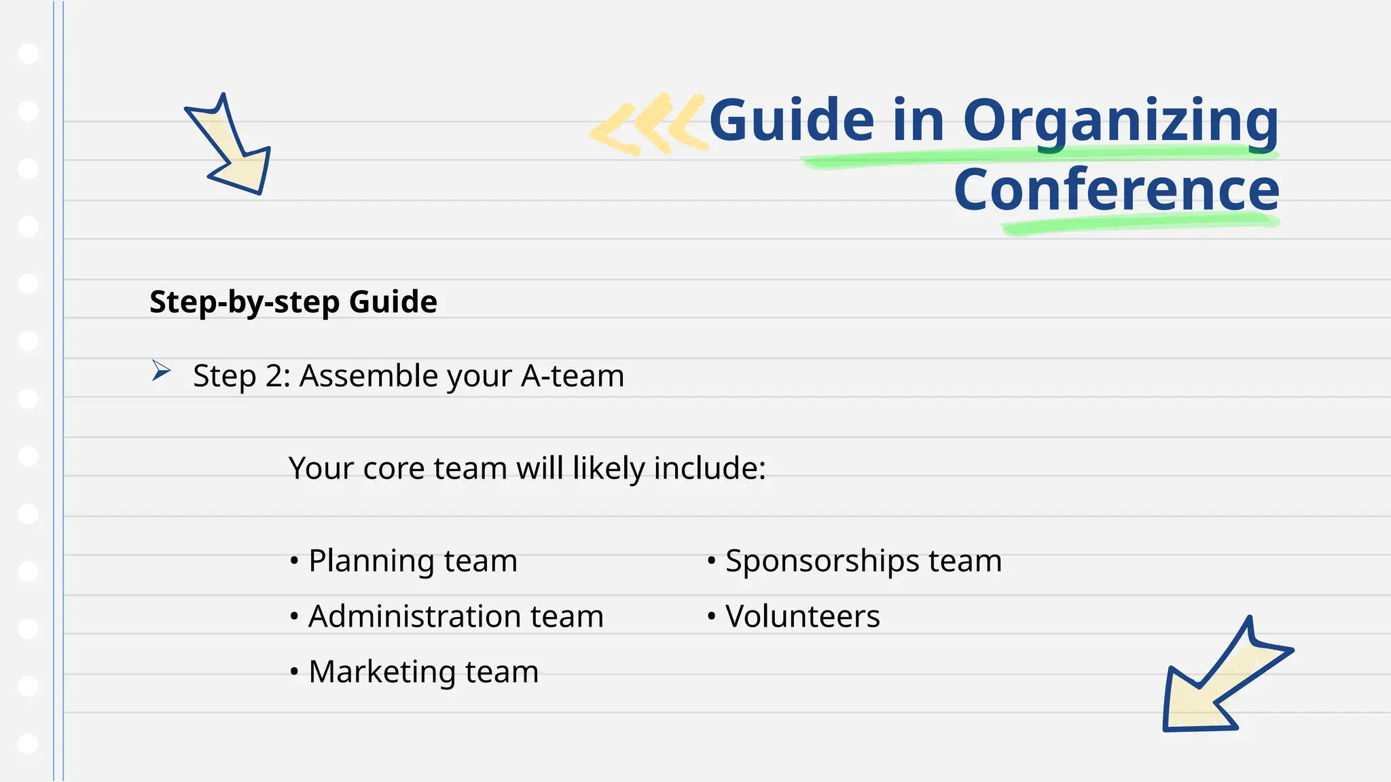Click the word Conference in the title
tap(1117, 190)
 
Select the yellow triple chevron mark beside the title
tap(649, 125)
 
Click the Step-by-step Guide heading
tap(293, 302)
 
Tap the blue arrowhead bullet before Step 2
tap(160, 371)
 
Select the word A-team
tap(572, 376)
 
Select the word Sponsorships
tap(822, 561)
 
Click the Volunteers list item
tap(802, 616)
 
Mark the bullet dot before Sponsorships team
tap(711, 561)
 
